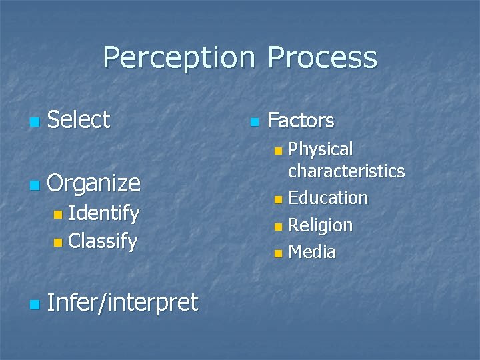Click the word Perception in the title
tap(179, 58)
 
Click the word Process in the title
tap(322, 58)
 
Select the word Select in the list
tap(79, 120)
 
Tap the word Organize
tap(94, 183)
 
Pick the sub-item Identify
tap(103, 214)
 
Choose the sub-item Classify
tap(103, 240)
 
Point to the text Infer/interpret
tap(123, 303)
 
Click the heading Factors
tap(301, 121)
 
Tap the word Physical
tap(321, 149)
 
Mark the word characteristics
tap(346, 171)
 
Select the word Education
tap(328, 198)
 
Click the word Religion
tap(320, 225)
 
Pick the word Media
tap(312, 252)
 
